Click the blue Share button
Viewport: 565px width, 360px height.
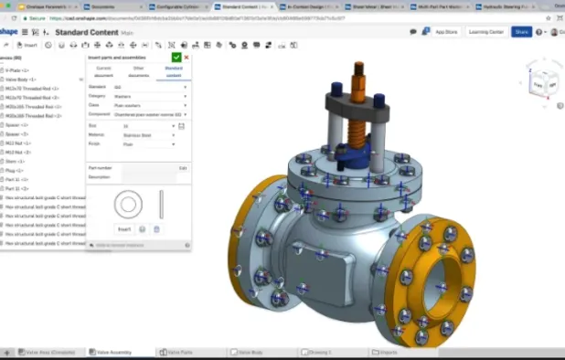coord(521,31)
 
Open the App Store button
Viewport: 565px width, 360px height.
coord(446,31)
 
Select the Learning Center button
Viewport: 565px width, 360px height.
coord(485,31)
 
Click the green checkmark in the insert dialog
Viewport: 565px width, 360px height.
coord(176,58)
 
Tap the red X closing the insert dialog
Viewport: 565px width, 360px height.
coord(187,58)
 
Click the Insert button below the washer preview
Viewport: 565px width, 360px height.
coord(124,228)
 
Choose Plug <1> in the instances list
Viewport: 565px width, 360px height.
coord(16,169)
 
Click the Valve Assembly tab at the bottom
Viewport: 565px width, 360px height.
coord(112,352)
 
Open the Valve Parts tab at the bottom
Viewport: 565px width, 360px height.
coord(181,352)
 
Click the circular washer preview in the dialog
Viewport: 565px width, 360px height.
coord(127,203)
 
